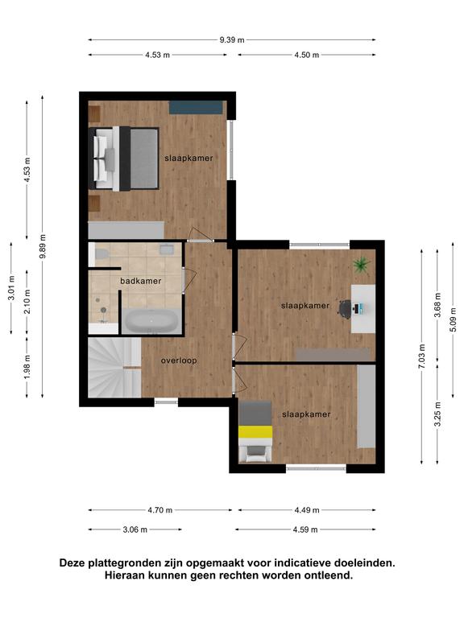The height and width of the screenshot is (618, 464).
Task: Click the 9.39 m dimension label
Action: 232,39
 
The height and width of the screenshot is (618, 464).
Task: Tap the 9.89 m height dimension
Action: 43,246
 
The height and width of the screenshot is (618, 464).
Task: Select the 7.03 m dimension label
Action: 422,356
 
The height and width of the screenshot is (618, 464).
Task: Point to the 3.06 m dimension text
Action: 135,529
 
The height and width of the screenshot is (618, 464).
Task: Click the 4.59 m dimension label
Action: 305,529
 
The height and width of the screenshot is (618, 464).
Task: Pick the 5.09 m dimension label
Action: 453,319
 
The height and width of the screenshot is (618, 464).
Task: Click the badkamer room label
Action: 141,281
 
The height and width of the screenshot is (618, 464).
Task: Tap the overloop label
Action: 179,360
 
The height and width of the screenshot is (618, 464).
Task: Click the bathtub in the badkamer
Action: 151,321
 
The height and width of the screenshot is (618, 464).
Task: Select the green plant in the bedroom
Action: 362,265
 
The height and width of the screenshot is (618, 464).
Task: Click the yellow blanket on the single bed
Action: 255,432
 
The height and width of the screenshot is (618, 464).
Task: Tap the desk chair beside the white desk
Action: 345,308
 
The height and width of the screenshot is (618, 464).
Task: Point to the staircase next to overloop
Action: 114,367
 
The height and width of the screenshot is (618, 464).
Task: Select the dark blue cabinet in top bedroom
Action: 196,108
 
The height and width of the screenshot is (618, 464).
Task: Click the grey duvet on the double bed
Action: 144,159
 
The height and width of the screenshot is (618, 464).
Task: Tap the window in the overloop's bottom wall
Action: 166,402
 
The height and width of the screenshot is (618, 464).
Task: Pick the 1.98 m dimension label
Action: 27,367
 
